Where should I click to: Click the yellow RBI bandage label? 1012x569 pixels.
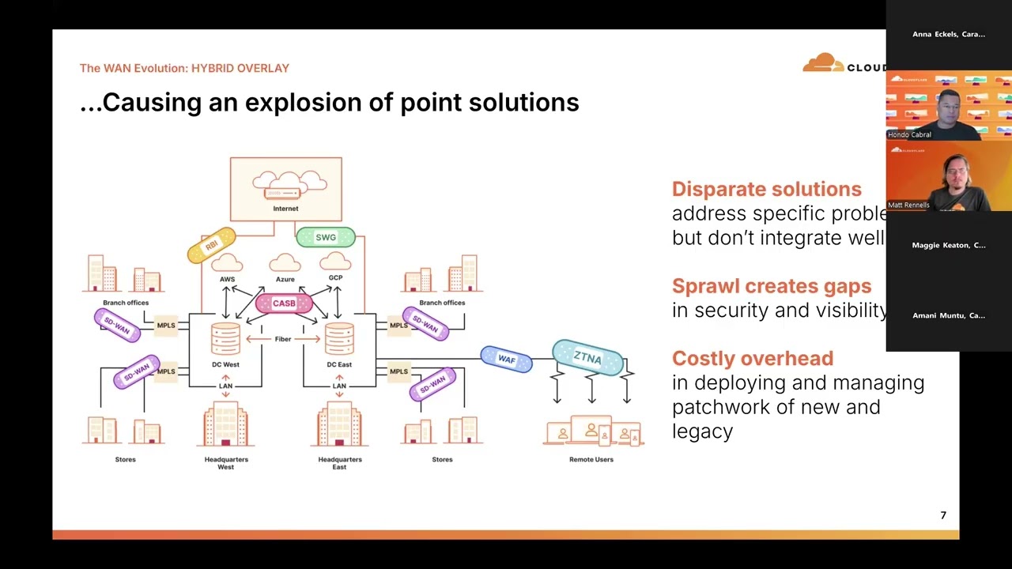point(211,246)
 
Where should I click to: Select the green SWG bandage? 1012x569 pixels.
point(326,237)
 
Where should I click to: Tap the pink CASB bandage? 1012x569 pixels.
point(284,303)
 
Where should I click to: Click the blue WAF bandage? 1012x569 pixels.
point(506,360)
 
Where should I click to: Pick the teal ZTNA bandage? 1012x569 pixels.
point(587,357)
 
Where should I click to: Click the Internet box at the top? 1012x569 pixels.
point(285,189)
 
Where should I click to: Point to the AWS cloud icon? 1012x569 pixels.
point(228,263)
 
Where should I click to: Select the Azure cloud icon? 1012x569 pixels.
point(285,263)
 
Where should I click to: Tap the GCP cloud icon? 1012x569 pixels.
point(335,262)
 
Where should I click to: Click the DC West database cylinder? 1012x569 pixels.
point(225,339)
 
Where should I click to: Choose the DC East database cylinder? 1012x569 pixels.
point(339,339)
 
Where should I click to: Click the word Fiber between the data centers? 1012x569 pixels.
point(283,339)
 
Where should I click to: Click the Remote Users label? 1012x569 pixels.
point(591,459)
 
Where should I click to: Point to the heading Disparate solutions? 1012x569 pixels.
point(766,189)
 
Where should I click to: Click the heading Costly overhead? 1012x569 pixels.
point(752,358)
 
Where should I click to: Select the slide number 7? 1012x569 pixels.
point(942,515)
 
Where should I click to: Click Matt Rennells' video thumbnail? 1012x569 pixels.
point(949,176)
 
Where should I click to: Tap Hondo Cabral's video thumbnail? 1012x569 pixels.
point(949,106)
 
